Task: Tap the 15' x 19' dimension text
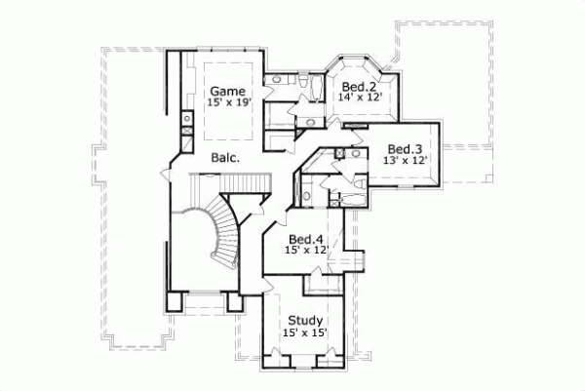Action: [x=228, y=101]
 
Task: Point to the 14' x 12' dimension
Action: [x=358, y=98]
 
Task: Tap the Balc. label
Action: [x=225, y=156]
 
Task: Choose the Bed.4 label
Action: [x=305, y=239]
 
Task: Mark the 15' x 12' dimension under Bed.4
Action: [x=306, y=251]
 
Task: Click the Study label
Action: [x=305, y=320]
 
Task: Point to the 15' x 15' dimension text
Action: [x=306, y=332]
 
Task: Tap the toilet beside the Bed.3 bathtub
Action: [x=333, y=200]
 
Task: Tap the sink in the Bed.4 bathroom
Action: [x=306, y=195]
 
